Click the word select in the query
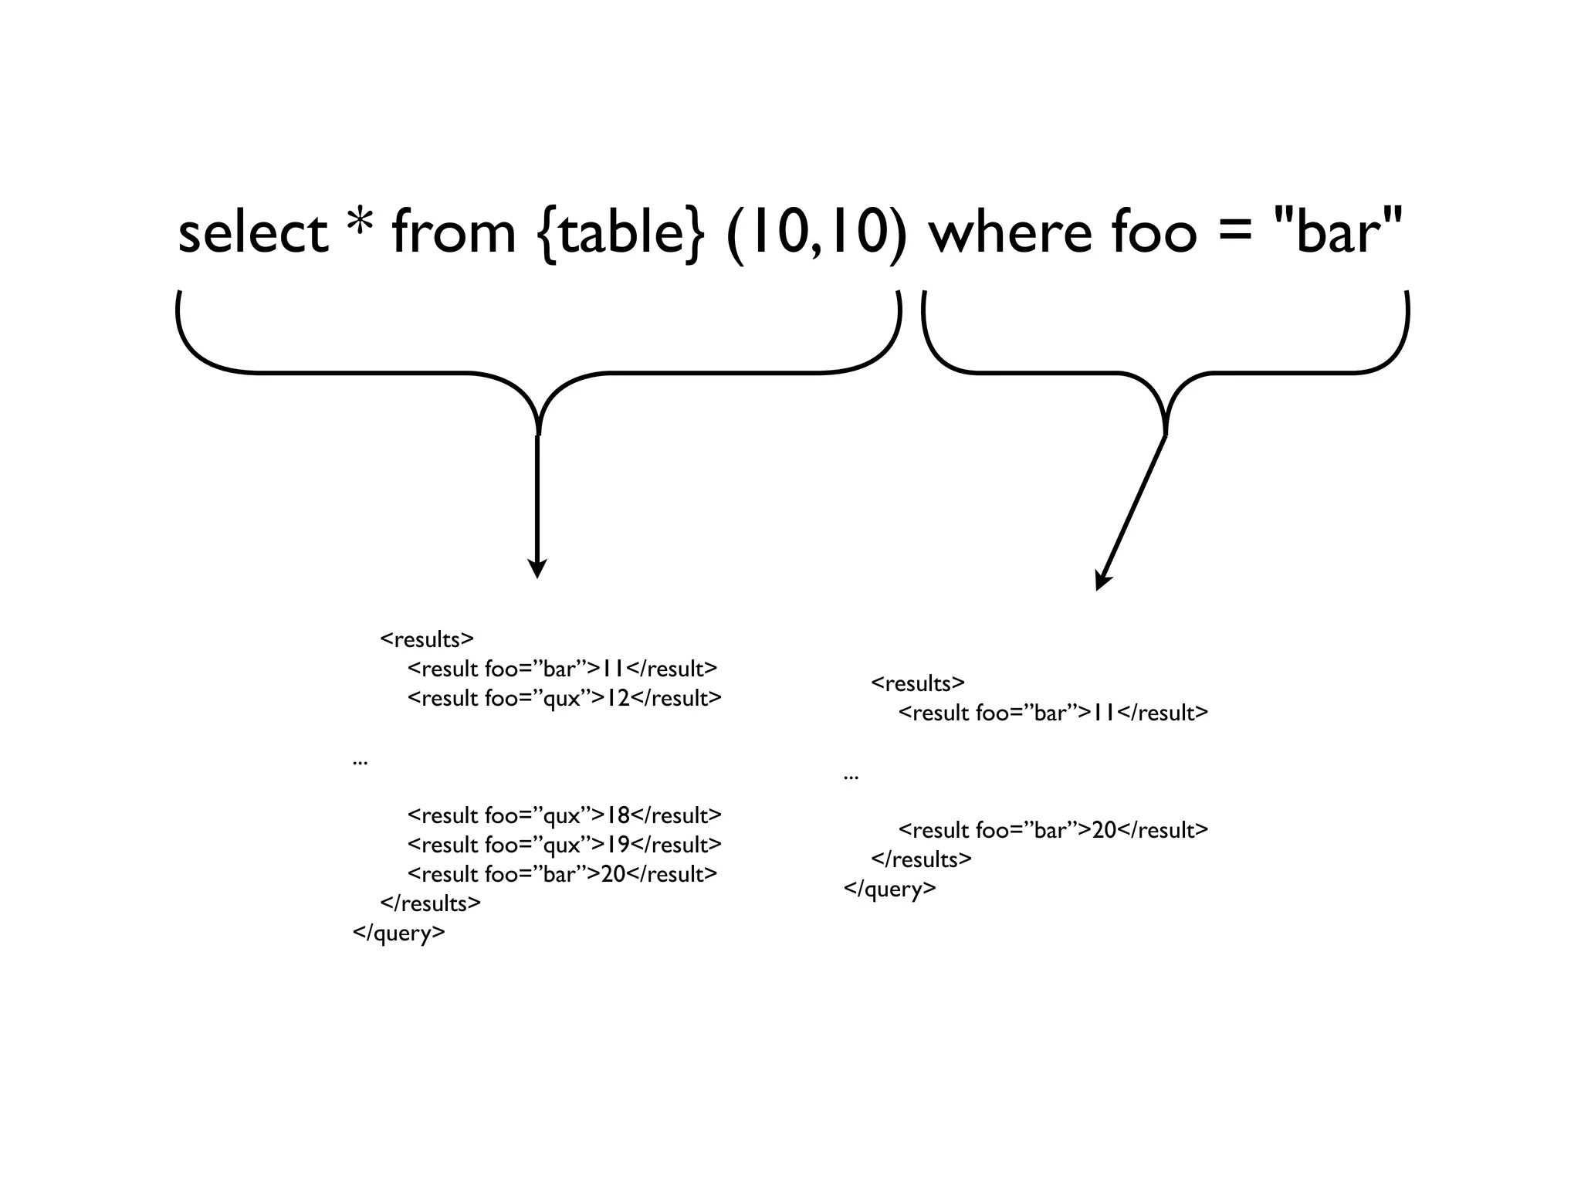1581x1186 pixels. [252, 233]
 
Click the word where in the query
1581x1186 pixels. [1009, 233]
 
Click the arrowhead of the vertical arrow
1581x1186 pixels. [537, 569]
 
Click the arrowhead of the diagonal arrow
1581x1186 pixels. [1102, 581]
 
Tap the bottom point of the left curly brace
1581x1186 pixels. [538, 432]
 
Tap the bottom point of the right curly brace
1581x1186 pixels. [1165, 432]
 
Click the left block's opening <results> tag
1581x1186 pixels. [427, 639]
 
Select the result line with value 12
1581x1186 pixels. [564, 698]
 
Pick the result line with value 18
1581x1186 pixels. [564, 815]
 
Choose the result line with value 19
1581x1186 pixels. [564, 845]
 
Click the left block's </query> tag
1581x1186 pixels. [399, 933]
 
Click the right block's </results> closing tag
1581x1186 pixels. [921, 859]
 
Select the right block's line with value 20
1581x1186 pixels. [1053, 830]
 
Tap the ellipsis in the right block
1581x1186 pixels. [851, 775]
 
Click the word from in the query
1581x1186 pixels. [453, 233]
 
